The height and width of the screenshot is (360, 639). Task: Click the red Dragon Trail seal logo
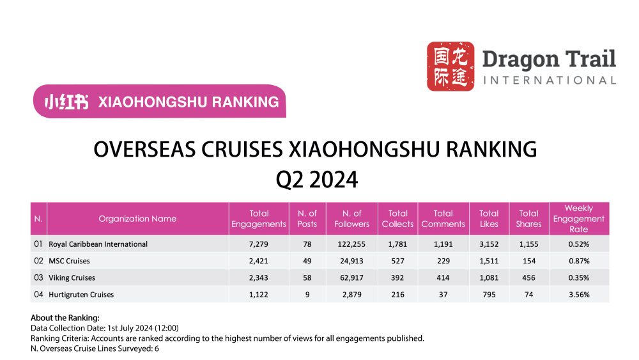tap(450, 66)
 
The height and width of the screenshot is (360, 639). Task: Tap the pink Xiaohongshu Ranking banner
tap(159, 101)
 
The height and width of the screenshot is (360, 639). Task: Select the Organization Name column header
tap(137, 219)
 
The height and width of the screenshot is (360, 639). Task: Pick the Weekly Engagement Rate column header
tap(578, 219)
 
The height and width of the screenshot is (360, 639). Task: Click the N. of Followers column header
tap(351, 219)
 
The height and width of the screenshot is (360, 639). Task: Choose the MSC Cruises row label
tap(69, 261)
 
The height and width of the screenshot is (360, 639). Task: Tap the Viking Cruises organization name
tap(72, 278)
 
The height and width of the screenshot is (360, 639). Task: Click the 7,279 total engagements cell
tap(259, 244)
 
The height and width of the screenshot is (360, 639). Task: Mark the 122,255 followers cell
tap(351, 244)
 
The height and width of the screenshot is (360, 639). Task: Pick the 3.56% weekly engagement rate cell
tap(578, 294)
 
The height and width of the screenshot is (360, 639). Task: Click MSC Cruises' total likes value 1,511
tap(489, 261)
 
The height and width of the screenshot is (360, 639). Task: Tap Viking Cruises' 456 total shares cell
tap(528, 278)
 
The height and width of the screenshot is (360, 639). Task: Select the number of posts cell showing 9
tap(308, 294)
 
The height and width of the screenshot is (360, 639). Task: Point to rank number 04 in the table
tap(38, 294)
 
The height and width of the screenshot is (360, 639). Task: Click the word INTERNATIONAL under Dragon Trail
tap(550, 81)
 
